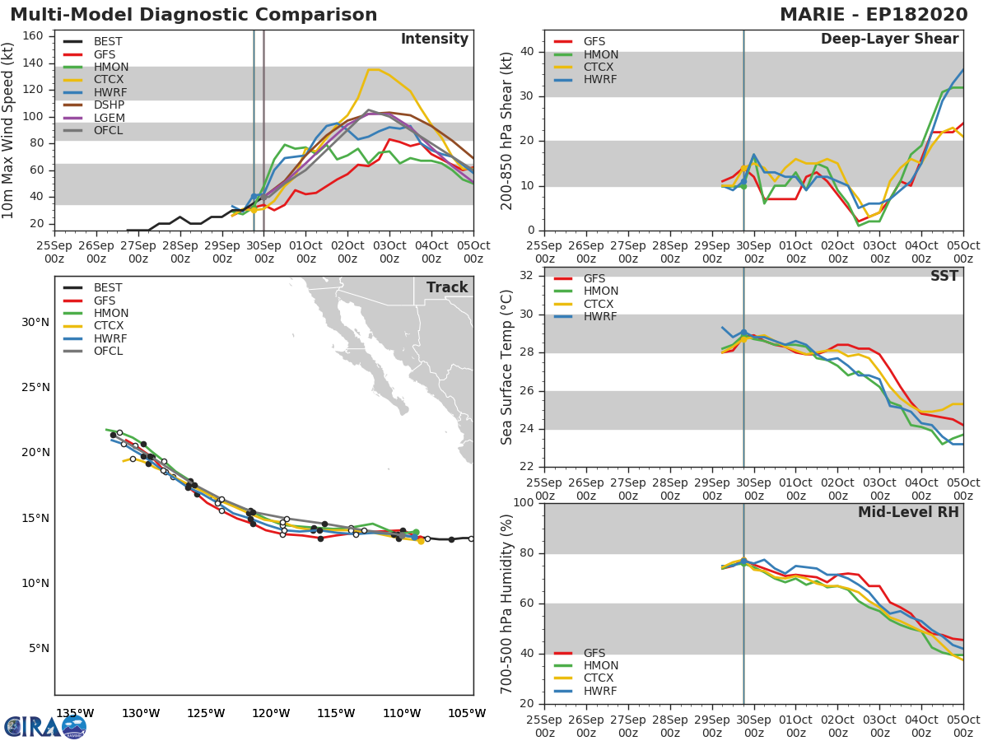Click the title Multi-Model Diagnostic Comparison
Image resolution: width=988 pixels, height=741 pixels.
pyautogui.click(x=193, y=15)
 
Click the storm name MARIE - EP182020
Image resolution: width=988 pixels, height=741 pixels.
pyautogui.click(x=879, y=15)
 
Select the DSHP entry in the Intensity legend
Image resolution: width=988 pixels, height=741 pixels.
pyautogui.click(x=109, y=105)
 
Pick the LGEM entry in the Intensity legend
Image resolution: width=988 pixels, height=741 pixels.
pyautogui.click(x=109, y=118)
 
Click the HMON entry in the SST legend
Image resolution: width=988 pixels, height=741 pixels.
pyautogui.click(x=601, y=291)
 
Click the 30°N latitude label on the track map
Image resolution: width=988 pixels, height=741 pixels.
pyautogui.click(x=35, y=322)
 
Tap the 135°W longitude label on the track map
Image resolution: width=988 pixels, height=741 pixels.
pyautogui.click(x=74, y=713)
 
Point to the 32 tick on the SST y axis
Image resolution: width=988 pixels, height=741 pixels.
pyautogui.click(x=526, y=276)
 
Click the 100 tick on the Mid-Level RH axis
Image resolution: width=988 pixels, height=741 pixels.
pyautogui.click(x=523, y=503)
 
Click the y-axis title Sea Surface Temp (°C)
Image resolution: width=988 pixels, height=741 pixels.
pyautogui.click(x=507, y=366)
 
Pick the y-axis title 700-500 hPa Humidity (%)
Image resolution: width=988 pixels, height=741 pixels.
pyautogui.click(x=507, y=603)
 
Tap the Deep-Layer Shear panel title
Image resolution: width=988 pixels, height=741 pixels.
pyautogui.click(x=889, y=40)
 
